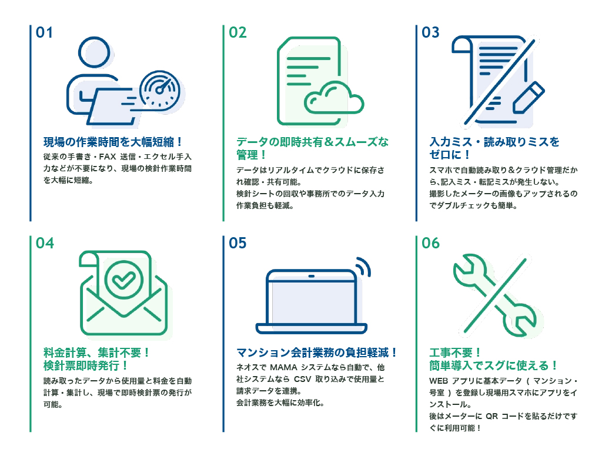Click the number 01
(x=44, y=33)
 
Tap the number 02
(x=238, y=33)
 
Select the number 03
(x=430, y=33)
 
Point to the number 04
(x=45, y=243)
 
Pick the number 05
(x=238, y=243)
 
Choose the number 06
(x=430, y=243)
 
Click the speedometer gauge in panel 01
(x=160, y=90)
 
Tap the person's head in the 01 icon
(x=94, y=52)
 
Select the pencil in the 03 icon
(x=529, y=98)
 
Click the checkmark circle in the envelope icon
(x=123, y=280)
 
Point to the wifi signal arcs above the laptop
(x=363, y=267)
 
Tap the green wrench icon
(x=494, y=295)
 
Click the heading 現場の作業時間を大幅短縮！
(x=112, y=142)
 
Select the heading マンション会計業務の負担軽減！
(x=316, y=353)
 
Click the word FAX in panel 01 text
(x=108, y=157)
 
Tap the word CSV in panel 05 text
(x=303, y=380)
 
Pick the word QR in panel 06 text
(x=492, y=416)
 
